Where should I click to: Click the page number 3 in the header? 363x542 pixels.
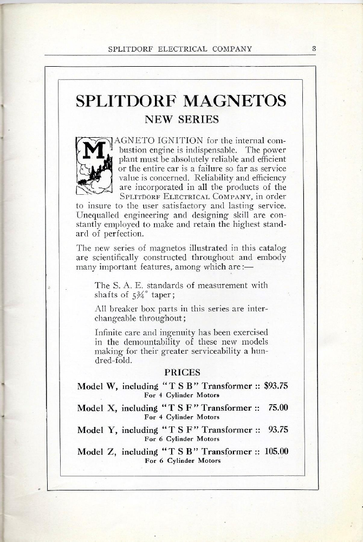tap(314, 48)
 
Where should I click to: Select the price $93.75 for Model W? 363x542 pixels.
tap(275, 387)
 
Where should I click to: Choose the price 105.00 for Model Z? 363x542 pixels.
tap(275, 451)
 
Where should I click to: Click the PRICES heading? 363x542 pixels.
tap(182, 373)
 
